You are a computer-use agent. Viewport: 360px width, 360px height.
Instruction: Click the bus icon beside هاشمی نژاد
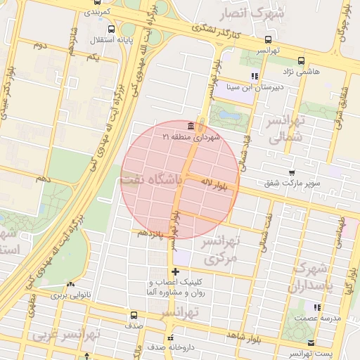301,60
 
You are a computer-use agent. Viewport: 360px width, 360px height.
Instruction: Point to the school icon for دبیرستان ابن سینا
255,77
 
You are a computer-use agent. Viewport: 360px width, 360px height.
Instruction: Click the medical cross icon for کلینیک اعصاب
175,271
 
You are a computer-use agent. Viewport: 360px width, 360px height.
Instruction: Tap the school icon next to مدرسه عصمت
317,307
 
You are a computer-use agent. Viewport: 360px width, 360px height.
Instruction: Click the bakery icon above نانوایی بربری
70,284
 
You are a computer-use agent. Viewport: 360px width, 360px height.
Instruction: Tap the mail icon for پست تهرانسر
311,342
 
